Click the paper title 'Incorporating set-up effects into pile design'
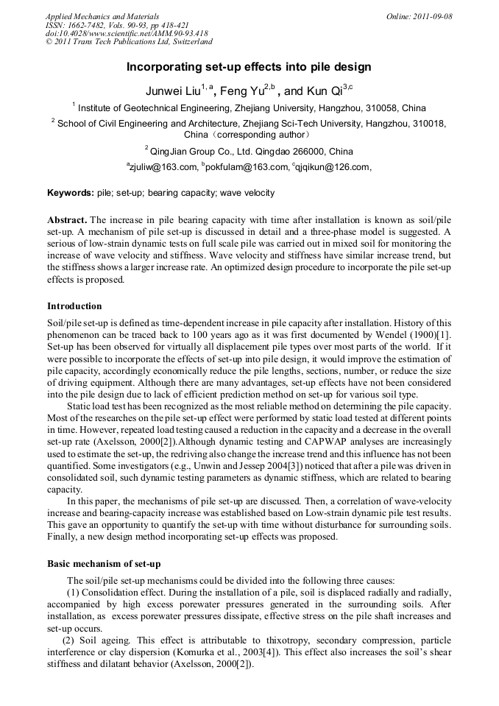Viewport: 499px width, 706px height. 249,67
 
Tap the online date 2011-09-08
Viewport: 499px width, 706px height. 429,16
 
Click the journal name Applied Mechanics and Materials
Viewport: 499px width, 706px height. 102,16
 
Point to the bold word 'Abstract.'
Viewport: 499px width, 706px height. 67,221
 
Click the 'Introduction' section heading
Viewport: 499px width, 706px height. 74,306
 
